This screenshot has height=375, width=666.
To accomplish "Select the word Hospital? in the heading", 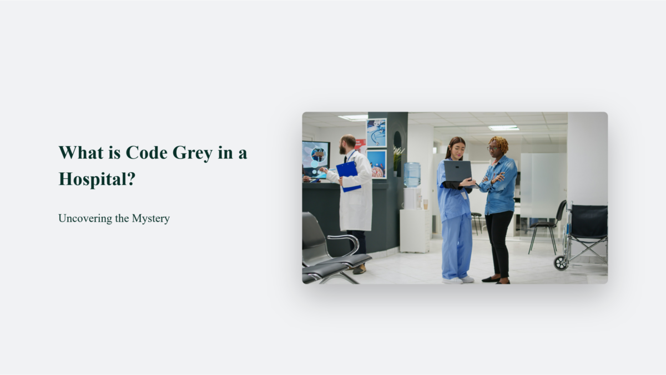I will coord(97,178).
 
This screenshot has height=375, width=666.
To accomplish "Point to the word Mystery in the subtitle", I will coord(150,218).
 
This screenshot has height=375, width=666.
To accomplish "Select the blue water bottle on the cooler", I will coord(412,174).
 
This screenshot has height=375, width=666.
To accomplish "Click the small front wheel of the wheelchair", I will coord(561,263).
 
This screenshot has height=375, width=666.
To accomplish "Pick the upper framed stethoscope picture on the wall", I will coord(376,133).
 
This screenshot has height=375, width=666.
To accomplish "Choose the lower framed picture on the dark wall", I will coord(376,164).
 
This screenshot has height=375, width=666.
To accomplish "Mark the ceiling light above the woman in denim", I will coord(504,128).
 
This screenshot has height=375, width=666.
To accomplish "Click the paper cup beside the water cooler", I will coord(425,204).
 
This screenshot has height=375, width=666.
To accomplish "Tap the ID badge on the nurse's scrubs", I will coord(465,195).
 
